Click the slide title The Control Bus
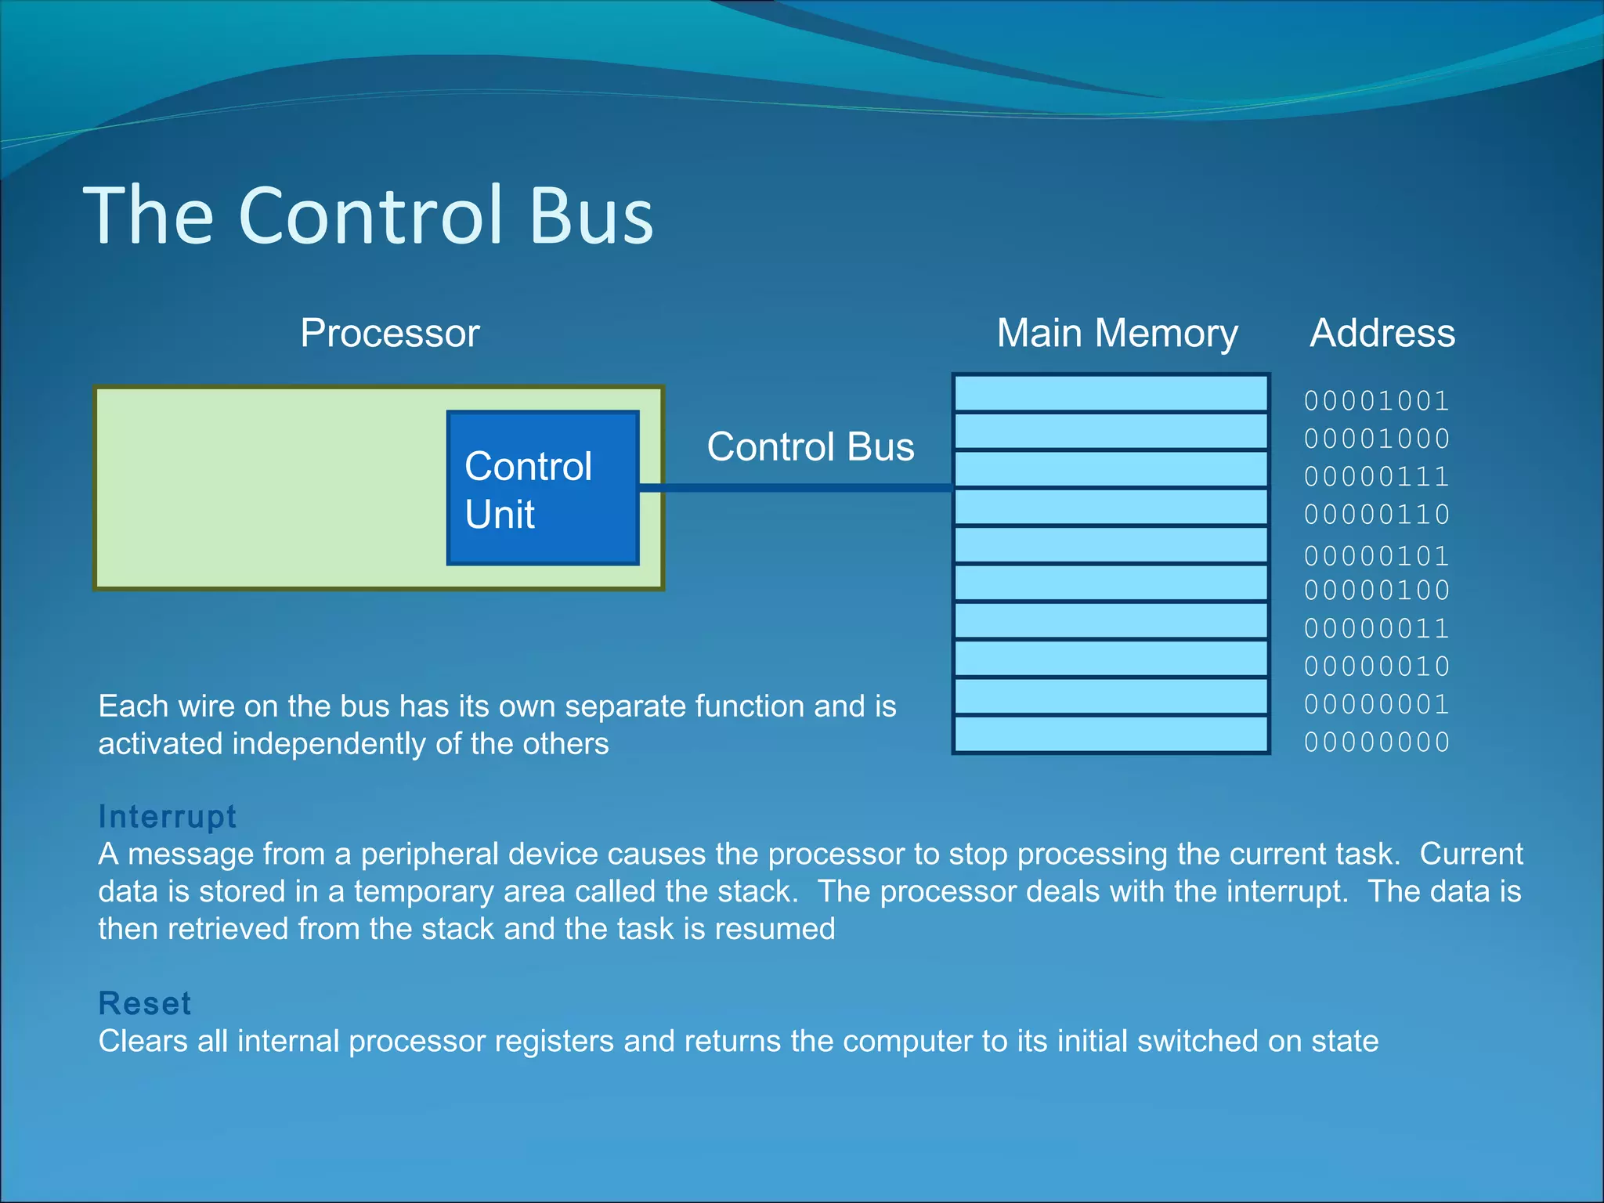[x=368, y=215]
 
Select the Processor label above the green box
[x=389, y=333]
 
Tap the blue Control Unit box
[x=543, y=488]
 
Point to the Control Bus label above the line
[x=810, y=447]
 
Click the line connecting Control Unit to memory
[x=795, y=488]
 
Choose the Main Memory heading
[x=1117, y=333]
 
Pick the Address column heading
[x=1382, y=333]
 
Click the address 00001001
[x=1376, y=401]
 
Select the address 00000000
[x=1376, y=742]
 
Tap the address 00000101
[x=1376, y=556]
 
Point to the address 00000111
[x=1376, y=476]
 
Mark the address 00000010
[x=1376, y=667]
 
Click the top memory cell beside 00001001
[x=1111, y=393]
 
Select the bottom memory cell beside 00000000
[x=1111, y=735]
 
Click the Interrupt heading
[x=167, y=816]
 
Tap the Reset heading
[x=145, y=1003]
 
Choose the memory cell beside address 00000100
[x=1111, y=583]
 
